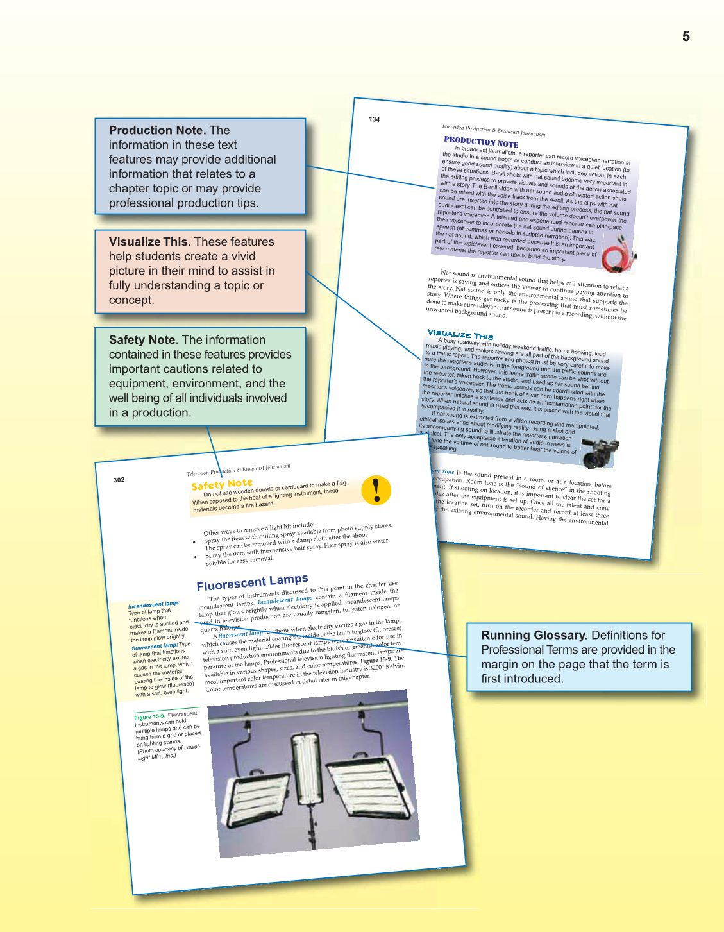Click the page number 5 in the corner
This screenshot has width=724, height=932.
pyautogui.click(x=686, y=37)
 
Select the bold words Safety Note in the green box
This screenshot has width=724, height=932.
pyautogui.click(x=143, y=340)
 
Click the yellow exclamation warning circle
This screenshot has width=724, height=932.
pyautogui.click(x=376, y=490)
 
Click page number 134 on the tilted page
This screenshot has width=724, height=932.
pyautogui.click(x=375, y=119)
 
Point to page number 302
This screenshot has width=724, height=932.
pyautogui.click(x=119, y=480)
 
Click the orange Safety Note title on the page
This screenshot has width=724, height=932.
pyautogui.click(x=222, y=484)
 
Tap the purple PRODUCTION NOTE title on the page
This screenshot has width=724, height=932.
pyautogui.click(x=481, y=142)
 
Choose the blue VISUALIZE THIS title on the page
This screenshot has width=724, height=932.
pyautogui.click(x=460, y=334)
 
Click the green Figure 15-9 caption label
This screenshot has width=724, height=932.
pyautogui.click(x=149, y=716)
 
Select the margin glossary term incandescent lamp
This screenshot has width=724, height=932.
pyautogui.click(x=153, y=604)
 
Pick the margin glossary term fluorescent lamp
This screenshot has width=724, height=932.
pyautogui.click(x=154, y=647)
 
